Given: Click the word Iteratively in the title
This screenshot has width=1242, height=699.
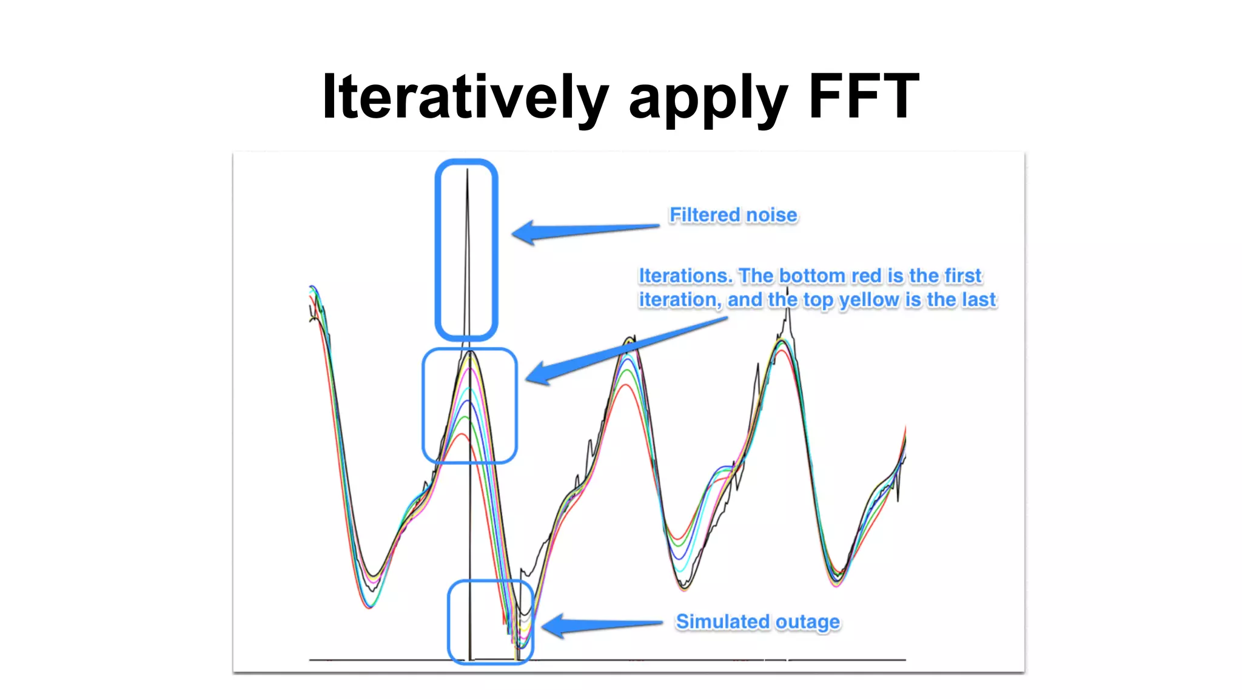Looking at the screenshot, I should pos(465,97).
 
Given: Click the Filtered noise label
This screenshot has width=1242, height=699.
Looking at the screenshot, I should pos(733,215).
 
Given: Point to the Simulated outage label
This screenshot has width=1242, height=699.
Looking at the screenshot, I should pos(757,622).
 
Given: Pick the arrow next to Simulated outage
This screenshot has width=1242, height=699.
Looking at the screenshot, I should pos(600,625).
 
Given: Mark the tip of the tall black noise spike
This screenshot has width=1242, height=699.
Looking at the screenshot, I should pos(467,171).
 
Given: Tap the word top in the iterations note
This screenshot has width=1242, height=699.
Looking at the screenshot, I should pos(818,300).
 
